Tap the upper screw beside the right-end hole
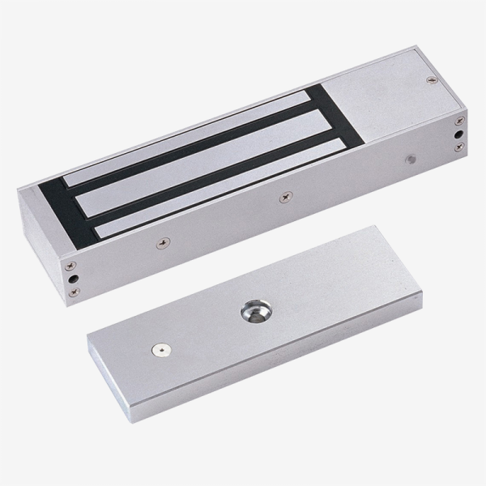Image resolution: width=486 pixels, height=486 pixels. pyautogui.click(x=459, y=118)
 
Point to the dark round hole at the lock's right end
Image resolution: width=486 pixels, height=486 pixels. pyautogui.click(x=460, y=131)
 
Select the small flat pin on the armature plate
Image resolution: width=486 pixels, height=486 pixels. pyautogui.click(x=160, y=350)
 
